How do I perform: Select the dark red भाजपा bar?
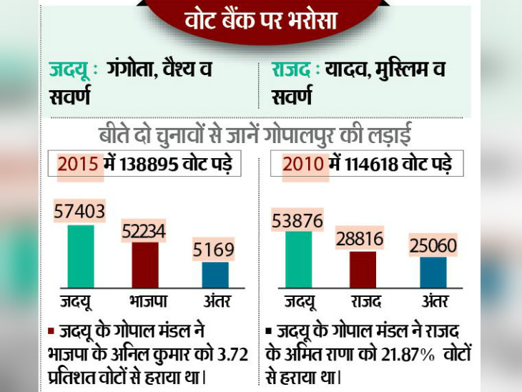(145, 265)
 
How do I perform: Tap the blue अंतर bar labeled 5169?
(215, 275)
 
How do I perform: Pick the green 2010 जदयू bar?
(298, 259)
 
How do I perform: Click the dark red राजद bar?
(363, 269)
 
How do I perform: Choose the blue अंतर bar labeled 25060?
(433, 272)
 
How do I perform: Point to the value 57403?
(79, 212)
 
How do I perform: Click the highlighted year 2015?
(77, 164)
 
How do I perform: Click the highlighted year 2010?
(303, 164)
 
